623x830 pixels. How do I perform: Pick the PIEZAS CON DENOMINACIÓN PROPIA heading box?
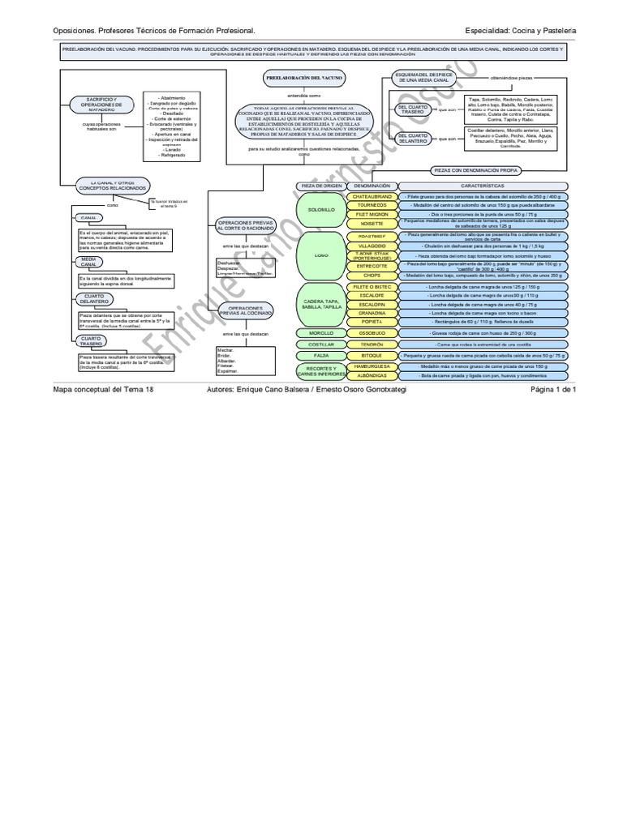(476, 171)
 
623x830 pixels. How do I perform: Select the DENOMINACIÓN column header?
(372, 186)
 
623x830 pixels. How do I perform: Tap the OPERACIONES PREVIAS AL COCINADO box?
(246, 313)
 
